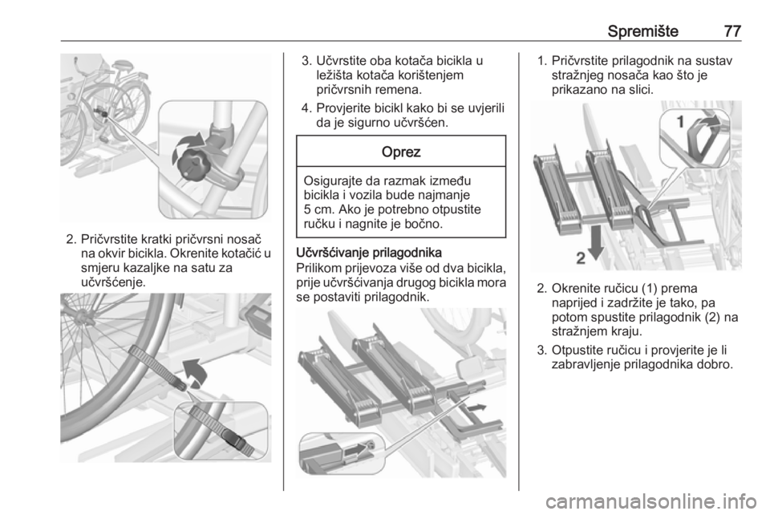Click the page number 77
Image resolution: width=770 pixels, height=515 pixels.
click(x=732, y=31)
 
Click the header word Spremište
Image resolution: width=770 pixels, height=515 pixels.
click(x=642, y=31)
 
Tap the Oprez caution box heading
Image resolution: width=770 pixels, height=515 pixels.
click(x=401, y=152)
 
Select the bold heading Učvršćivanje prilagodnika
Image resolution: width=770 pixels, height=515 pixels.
click(x=369, y=253)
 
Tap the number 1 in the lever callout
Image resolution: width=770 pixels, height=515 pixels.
click(x=681, y=121)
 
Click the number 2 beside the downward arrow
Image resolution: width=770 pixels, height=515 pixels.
click(x=581, y=258)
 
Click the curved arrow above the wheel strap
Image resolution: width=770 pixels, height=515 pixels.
click(x=196, y=373)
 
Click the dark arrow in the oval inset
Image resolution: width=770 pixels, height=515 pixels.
click(x=356, y=449)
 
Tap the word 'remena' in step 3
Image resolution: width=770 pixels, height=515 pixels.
click(x=399, y=90)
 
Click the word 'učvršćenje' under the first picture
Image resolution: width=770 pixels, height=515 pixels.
click(x=111, y=282)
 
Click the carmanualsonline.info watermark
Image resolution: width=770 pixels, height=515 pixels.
click(x=650, y=501)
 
